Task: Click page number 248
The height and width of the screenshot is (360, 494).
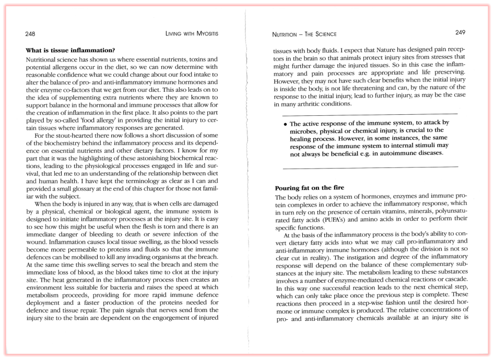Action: tap(30, 34)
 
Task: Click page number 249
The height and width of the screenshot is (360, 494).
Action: tap(460, 33)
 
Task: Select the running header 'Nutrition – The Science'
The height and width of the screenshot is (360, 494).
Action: tap(299, 34)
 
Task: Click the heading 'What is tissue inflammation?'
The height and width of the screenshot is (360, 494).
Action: tap(70, 51)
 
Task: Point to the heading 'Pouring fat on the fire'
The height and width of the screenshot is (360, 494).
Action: tap(309, 187)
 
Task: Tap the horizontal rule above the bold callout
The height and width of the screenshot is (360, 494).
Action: tap(370, 114)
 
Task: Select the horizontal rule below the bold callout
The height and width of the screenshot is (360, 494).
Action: tap(370, 166)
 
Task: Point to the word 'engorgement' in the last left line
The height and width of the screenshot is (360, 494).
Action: tap(175, 318)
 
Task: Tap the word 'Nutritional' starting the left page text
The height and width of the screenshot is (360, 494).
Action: tap(43, 61)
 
